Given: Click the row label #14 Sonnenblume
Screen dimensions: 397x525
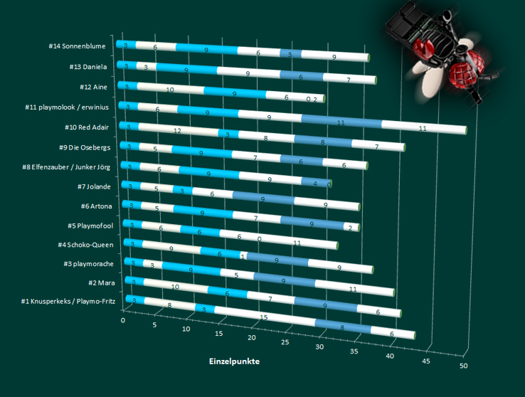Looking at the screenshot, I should click(78, 46).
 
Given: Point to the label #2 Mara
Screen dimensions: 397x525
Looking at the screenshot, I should click(100, 283).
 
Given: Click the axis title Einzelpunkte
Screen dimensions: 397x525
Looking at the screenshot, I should click(233, 361).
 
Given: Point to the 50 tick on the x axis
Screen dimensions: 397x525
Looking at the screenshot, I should click(463, 366).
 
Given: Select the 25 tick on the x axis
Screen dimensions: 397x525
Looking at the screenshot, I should click(285, 343).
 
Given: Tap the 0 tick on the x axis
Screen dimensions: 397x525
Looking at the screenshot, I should click(123, 322).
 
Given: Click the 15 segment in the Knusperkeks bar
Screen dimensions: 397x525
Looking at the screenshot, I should click(264, 317).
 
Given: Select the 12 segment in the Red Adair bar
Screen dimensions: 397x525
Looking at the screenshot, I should click(178, 130).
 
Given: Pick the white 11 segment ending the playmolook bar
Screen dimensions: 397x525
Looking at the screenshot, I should click(423, 128).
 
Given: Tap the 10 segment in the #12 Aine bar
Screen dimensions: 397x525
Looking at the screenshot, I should click(170, 90).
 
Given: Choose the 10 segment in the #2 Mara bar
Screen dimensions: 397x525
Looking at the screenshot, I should click(176, 286).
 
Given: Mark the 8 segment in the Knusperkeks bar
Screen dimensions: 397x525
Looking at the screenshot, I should click(342, 328).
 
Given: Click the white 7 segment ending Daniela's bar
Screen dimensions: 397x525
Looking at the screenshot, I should click(349, 80).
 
